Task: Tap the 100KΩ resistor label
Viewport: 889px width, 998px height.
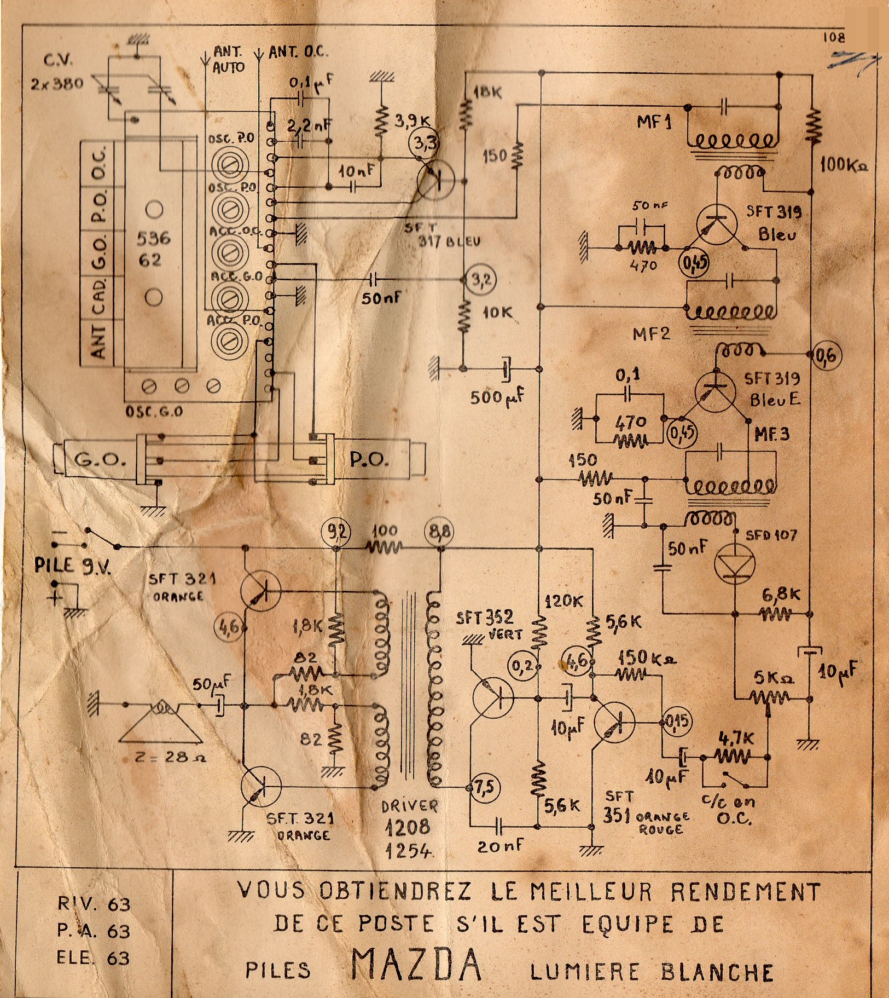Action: point(843,165)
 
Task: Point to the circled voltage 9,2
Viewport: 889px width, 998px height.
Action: point(336,532)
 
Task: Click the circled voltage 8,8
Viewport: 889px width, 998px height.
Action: point(440,531)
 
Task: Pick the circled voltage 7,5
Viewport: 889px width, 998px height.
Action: point(484,787)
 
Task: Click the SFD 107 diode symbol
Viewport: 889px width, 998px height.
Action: point(735,564)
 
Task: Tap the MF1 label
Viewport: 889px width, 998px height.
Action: point(654,122)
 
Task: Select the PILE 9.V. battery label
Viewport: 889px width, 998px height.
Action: point(73,565)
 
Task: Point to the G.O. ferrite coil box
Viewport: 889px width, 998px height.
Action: point(98,460)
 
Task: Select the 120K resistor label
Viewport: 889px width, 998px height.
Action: point(563,601)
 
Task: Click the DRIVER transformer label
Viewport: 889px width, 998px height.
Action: point(409,806)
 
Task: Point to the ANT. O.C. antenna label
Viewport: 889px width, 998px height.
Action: point(298,53)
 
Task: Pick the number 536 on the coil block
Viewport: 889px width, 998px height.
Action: point(154,238)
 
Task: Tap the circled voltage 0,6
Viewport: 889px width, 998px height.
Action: point(827,355)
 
